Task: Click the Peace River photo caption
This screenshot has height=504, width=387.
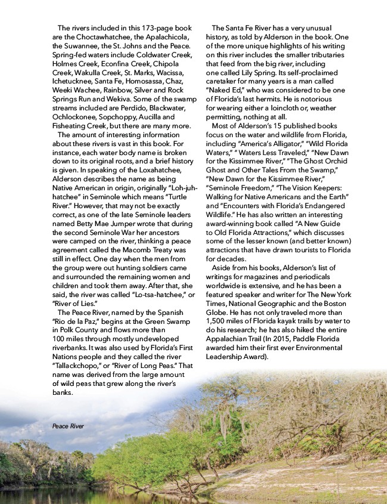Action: (x=68, y=426)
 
